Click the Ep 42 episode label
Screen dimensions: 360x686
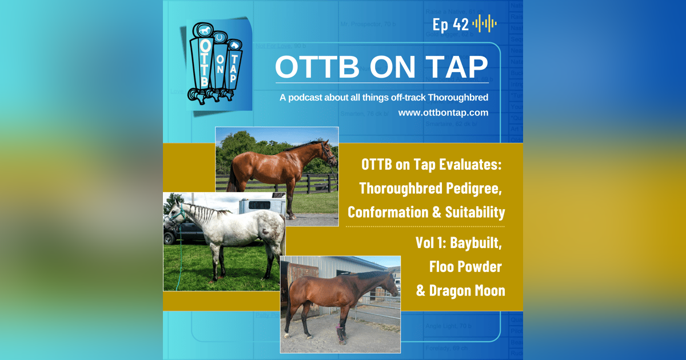(x=450, y=24)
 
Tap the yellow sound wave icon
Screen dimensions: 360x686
(x=485, y=24)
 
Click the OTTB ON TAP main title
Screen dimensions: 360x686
(x=381, y=67)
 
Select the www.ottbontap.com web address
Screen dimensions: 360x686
(x=443, y=113)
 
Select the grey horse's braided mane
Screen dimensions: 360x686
(x=203, y=214)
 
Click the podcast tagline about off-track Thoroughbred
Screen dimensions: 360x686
(x=384, y=98)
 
